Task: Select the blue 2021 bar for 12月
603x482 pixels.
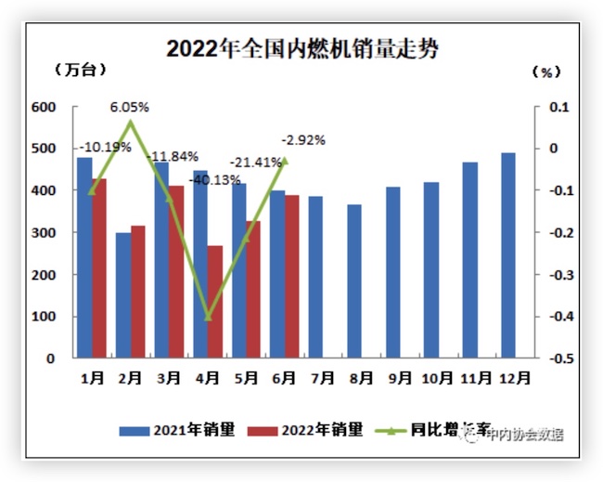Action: tap(508, 255)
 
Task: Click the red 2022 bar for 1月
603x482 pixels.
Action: tap(99, 267)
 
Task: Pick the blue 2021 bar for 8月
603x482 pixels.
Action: tap(354, 280)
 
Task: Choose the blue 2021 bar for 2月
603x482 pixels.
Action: tap(123, 295)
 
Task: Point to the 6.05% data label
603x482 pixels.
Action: tap(130, 107)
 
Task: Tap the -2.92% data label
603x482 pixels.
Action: tap(302, 140)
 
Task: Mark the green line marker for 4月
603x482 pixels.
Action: tap(208, 318)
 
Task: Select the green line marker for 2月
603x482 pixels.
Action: tap(131, 123)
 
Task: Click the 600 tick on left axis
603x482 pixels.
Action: tap(45, 107)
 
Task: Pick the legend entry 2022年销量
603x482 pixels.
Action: tap(311, 430)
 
